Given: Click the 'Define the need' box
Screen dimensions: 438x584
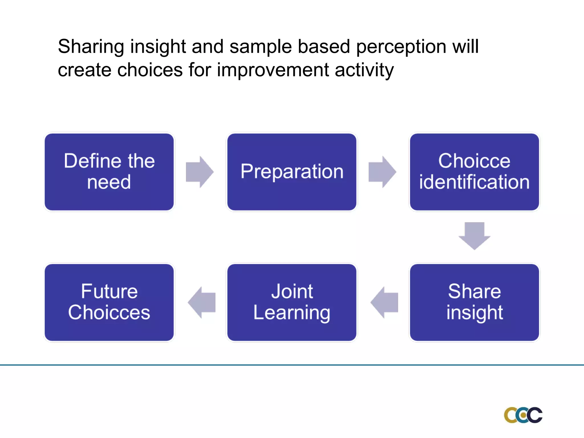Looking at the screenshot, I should pos(109,172).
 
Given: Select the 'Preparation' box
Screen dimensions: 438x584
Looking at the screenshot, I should pos(292,172).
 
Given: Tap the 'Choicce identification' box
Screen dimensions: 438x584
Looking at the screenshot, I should pos(474,172).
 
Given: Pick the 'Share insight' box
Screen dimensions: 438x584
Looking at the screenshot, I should pos(474,302).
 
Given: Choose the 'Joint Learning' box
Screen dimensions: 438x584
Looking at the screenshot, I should pos(292,302).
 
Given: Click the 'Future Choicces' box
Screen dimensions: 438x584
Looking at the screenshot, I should pos(109,302).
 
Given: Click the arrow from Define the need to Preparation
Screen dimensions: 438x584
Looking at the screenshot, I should pos(199,172).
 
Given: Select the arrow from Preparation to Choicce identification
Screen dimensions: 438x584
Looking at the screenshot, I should pos(382,172).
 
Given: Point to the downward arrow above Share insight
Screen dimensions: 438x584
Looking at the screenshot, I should pos(474,235).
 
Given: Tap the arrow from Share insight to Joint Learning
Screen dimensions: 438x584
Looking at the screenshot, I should pos(385,302).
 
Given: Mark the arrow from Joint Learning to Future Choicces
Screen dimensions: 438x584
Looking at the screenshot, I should pos(202,302).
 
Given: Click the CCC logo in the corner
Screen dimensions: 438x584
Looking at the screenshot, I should pos(523,415).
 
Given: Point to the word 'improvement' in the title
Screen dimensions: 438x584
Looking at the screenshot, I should pos(273,70).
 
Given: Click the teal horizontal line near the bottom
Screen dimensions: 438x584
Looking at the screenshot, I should pos(292,365).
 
